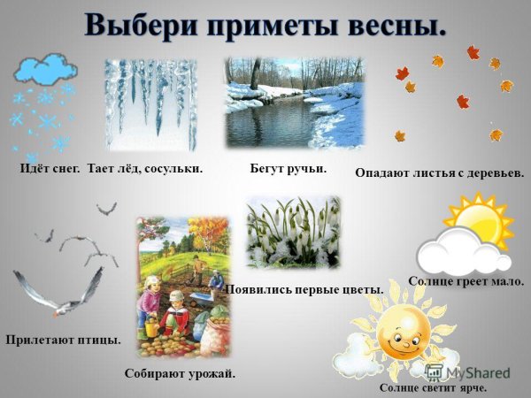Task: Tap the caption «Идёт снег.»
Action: pyautogui.click(x=49, y=167)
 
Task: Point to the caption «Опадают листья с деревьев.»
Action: pyautogui.click(x=439, y=173)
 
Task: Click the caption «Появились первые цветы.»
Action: pyautogui.click(x=304, y=289)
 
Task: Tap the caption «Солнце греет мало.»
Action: pyautogui.click(x=466, y=281)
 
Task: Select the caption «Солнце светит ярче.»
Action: pyautogui.click(x=433, y=387)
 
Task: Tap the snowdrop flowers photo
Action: pyautogui.click(x=292, y=233)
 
